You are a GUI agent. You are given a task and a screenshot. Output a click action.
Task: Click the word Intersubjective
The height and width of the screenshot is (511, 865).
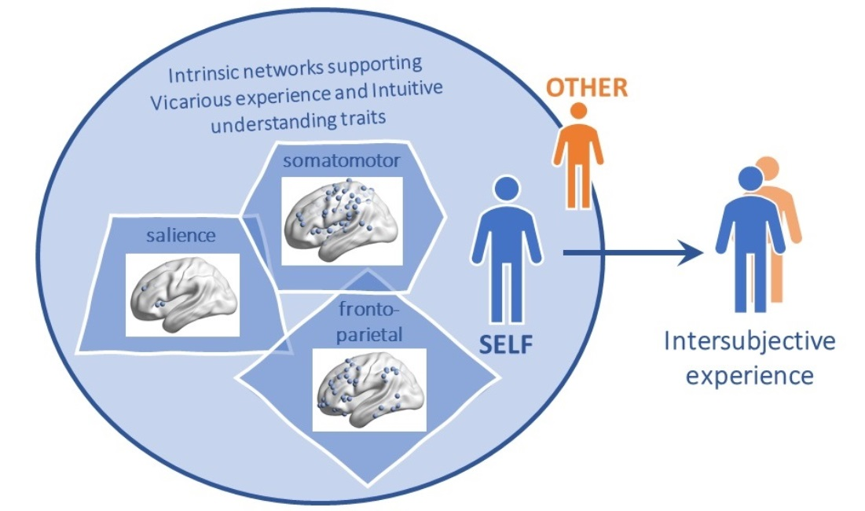(750, 342)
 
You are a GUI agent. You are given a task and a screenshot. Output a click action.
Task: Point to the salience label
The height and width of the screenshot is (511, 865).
(171, 236)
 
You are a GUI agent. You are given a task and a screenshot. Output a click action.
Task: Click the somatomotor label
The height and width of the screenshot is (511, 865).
(343, 161)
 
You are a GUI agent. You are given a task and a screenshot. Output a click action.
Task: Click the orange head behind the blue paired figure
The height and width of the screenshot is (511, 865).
(767, 167)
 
